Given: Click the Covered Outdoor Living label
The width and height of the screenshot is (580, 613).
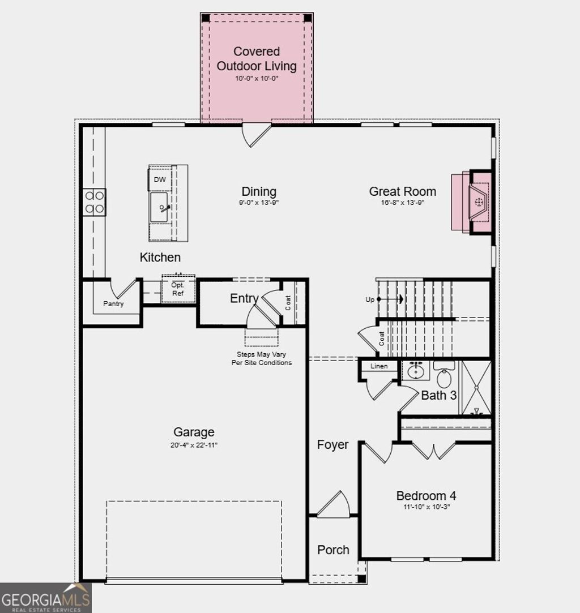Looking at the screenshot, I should click(257, 59).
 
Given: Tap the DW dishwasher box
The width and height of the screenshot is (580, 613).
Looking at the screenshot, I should click(160, 179).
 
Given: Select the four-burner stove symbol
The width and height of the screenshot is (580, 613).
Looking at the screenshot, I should click(95, 202).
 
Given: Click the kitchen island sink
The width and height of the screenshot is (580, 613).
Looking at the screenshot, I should click(159, 208).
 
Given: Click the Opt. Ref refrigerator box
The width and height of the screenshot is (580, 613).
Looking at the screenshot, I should click(178, 289).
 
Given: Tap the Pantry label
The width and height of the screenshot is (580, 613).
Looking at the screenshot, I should click(113, 304).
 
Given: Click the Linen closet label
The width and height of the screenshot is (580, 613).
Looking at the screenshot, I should click(379, 366).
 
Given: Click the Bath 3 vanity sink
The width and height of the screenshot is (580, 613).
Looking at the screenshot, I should click(416, 371).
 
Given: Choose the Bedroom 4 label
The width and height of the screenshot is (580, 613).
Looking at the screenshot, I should click(426, 496).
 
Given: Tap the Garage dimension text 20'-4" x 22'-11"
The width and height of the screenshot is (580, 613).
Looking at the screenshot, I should click(194, 445).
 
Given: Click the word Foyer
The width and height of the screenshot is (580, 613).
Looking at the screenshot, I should click(332, 445).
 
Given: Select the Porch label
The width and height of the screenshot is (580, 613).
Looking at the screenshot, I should click(333, 550).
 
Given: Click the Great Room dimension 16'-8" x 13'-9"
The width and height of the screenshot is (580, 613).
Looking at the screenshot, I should click(403, 202).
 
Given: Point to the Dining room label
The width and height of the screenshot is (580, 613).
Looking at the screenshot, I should click(259, 191).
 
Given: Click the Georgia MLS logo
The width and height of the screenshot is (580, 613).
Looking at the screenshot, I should click(45, 598).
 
